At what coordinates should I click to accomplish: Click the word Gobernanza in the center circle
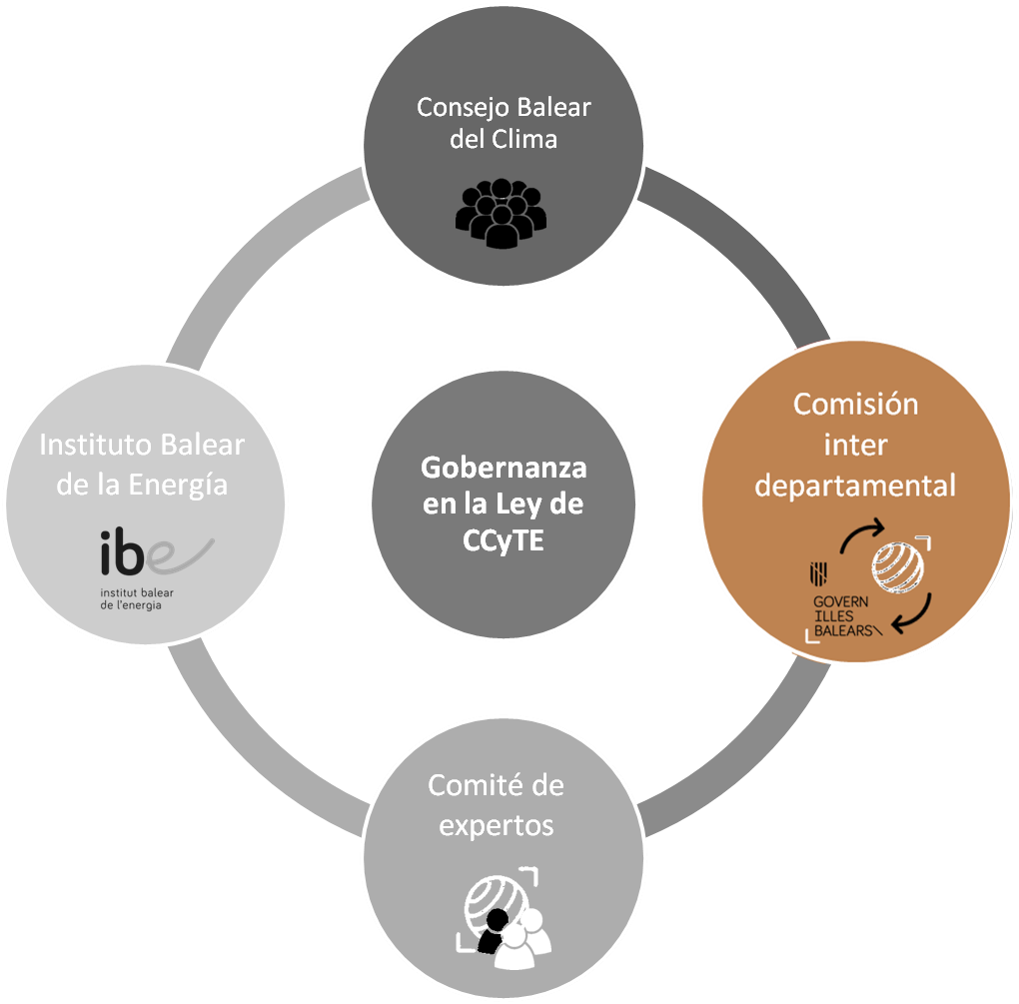coord(504,467)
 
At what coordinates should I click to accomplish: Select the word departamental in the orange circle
coord(855,486)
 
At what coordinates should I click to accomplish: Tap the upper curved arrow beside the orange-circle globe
coord(861,533)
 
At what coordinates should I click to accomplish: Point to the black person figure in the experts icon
coord(492,938)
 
